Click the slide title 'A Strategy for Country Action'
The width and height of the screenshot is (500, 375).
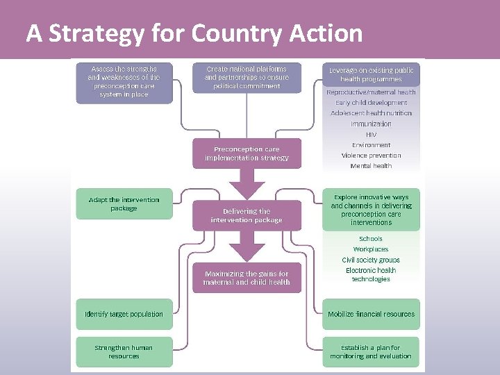pyautogui.click(x=194, y=33)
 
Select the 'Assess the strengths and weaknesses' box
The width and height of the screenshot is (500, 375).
pyautogui.click(x=124, y=82)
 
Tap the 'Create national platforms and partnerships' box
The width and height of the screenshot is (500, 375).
pyautogui.click(x=247, y=78)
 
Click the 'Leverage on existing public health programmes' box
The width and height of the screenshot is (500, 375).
pyautogui.click(x=371, y=75)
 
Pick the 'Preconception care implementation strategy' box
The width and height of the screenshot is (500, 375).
pyautogui.click(x=247, y=153)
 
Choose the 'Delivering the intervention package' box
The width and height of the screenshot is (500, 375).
pyautogui.click(x=247, y=215)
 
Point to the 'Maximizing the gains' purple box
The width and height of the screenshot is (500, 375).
pyautogui.click(x=247, y=278)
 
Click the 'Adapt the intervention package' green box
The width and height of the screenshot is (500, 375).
pyautogui.click(x=124, y=204)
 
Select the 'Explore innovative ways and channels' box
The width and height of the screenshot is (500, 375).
pyautogui.click(x=371, y=210)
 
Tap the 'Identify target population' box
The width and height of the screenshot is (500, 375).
pyautogui.click(x=124, y=314)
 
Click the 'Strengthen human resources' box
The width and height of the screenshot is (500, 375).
pyautogui.click(x=124, y=351)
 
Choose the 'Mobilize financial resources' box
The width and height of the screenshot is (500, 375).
pyautogui.click(x=371, y=314)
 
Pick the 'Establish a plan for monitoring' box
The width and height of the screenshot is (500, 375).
pyautogui.click(x=371, y=351)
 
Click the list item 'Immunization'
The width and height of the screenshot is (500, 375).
pyautogui.click(x=371, y=124)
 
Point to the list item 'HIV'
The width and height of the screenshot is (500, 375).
pyautogui.click(x=371, y=134)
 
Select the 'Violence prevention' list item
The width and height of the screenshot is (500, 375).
pyautogui.click(x=371, y=156)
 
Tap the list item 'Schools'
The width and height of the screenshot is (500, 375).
pyautogui.click(x=371, y=239)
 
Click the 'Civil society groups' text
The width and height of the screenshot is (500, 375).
pyautogui.click(x=371, y=260)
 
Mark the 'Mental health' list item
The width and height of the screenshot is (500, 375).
pyautogui.click(x=371, y=166)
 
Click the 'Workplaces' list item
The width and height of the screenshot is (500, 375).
pyautogui.click(x=371, y=249)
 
